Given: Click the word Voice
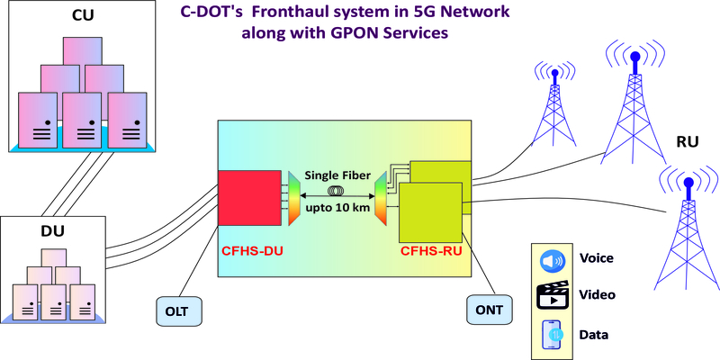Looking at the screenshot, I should tap(598, 259).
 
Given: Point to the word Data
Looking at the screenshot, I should tap(595, 335).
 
